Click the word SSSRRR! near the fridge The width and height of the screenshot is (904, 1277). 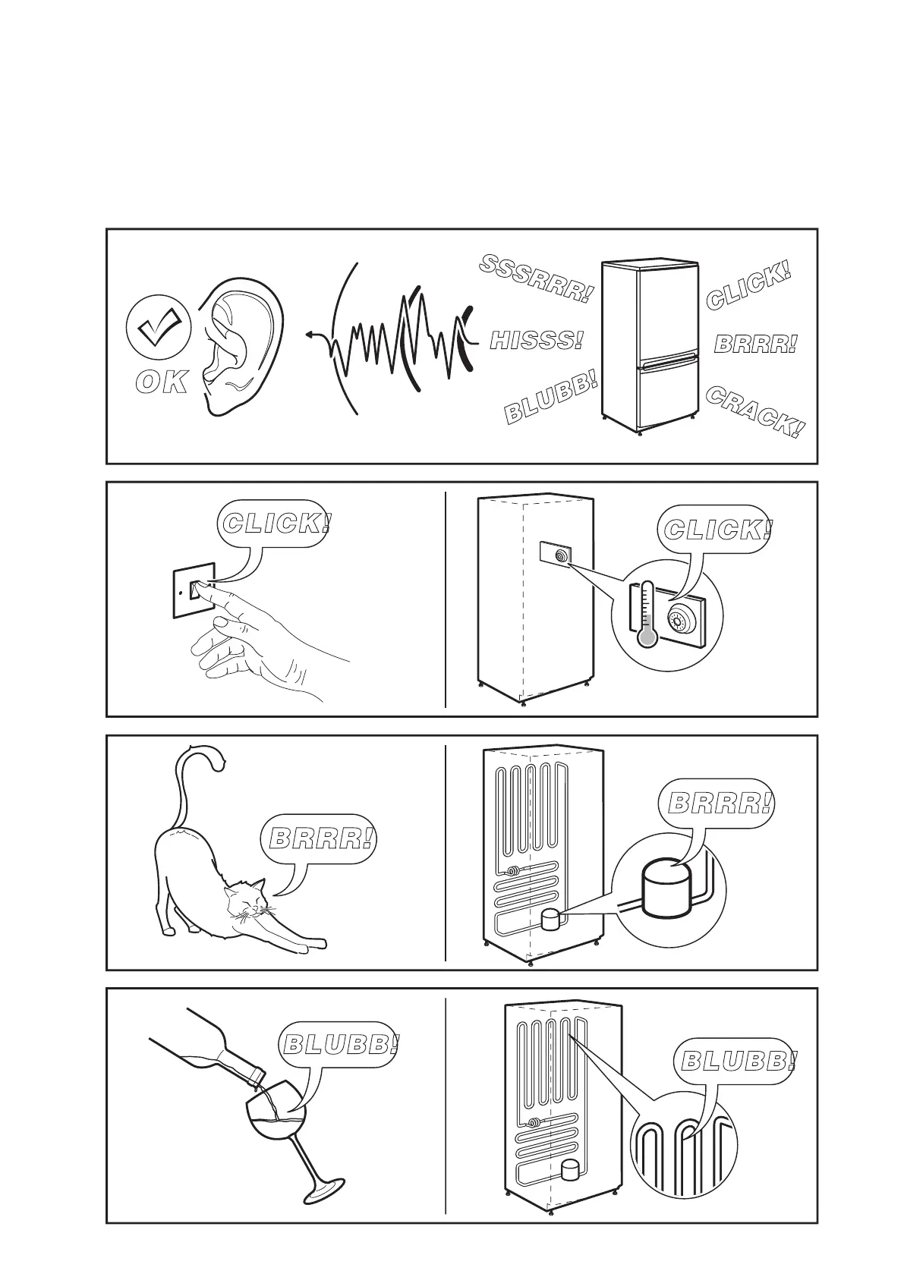[x=535, y=278]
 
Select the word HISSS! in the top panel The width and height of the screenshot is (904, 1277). [x=537, y=340]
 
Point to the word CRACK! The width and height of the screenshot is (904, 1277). [x=754, y=412]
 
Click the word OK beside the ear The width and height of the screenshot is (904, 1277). [x=162, y=383]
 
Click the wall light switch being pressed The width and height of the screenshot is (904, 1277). [x=195, y=590]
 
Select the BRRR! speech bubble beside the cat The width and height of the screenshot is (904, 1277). [x=322, y=839]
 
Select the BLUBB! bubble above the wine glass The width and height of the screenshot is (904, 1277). [x=339, y=1044]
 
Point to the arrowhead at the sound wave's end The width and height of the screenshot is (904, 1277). [x=310, y=334]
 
